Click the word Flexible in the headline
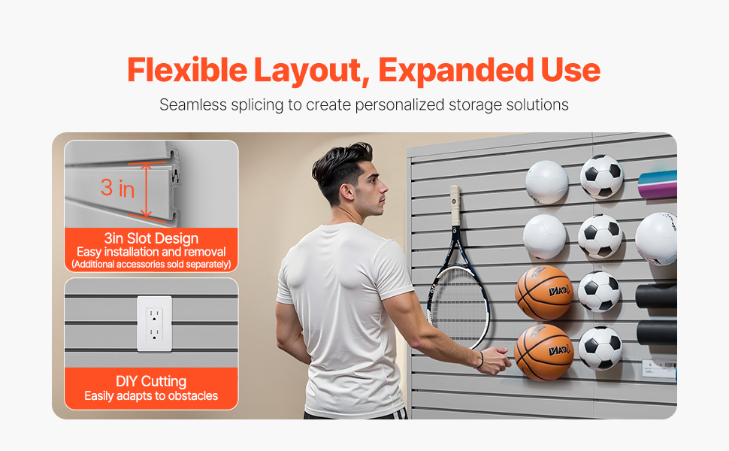pos(187,70)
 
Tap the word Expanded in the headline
pos(455,71)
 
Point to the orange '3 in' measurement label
pos(118,188)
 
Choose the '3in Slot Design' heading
pos(151,238)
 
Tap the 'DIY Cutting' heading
pos(151,381)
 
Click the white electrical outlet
pos(154,324)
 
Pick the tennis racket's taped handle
pos(455,204)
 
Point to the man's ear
pos(346,192)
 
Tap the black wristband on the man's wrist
pos(480,359)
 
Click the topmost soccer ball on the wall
pos(601,177)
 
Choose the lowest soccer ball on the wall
pos(600,348)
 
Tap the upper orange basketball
pos(543,292)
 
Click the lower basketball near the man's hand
pos(544,352)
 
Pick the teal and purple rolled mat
pos(658,185)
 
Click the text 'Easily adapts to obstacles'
pos(151,396)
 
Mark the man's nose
pos(384,188)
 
